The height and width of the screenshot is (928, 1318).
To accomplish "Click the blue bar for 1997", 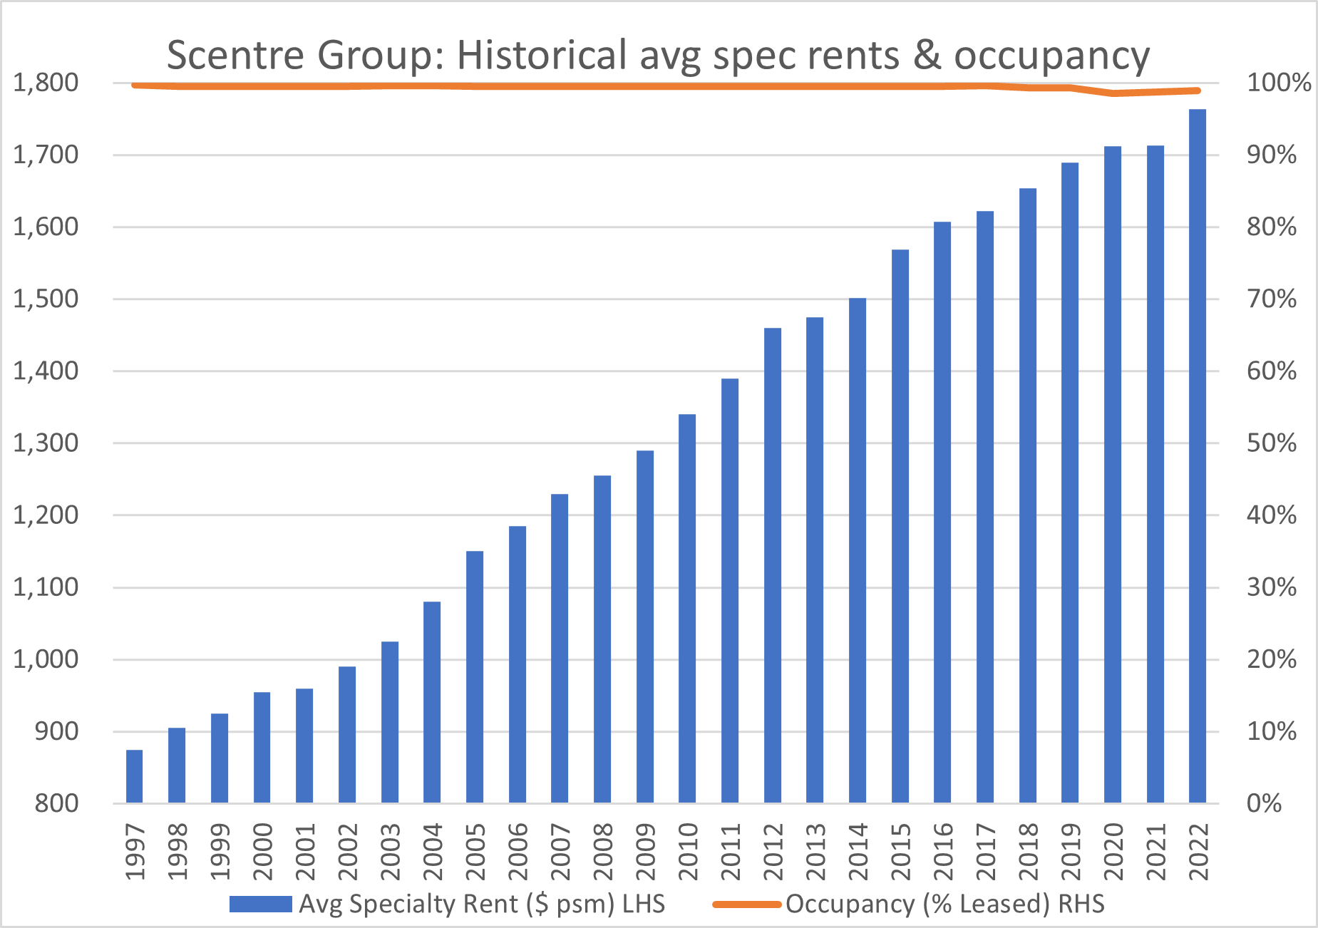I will click(134, 776).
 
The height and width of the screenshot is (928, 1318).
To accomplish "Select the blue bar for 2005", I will click(475, 677).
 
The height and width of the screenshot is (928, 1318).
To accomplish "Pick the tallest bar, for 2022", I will click(1198, 456).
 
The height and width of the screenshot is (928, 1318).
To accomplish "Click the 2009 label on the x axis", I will click(646, 852).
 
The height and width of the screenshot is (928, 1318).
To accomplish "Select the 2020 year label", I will click(1113, 852).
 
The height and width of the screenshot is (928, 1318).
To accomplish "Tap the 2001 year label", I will click(305, 852).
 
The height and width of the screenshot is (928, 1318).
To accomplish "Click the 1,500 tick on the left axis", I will click(46, 299).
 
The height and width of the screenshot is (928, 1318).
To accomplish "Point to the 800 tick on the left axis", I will click(56, 803).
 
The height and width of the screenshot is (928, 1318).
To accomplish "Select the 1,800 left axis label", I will click(46, 83).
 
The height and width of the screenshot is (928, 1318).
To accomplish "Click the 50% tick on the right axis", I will click(1271, 443).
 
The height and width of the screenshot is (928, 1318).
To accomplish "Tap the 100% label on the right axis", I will click(1278, 83).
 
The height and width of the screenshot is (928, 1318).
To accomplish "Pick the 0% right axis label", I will click(1264, 803).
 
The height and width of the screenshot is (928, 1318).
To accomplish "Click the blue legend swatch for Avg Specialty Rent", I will click(261, 904).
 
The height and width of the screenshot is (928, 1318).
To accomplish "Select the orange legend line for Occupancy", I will click(746, 904).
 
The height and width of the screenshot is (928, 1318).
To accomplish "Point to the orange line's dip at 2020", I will click(1113, 93).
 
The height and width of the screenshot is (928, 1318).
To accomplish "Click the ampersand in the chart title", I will click(927, 55).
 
